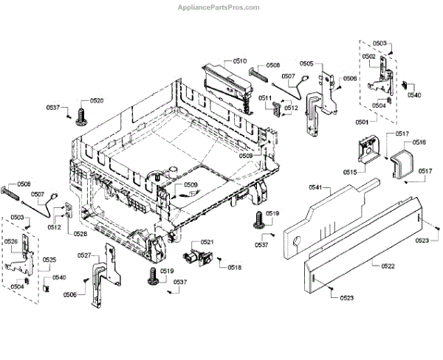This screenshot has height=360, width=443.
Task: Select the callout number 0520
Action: [97, 100]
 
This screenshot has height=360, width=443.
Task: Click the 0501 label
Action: [363, 122]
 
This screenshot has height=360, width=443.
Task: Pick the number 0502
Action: [369, 57]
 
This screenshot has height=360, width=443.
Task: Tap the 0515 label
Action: [349, 172]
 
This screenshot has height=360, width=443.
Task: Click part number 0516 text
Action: [419, 142]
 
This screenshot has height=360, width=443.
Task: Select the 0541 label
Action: [315, 188]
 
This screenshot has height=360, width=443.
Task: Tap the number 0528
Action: [80, 234]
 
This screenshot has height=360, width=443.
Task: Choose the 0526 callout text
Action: [11, 241]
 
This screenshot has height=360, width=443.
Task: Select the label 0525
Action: [49, 260]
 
